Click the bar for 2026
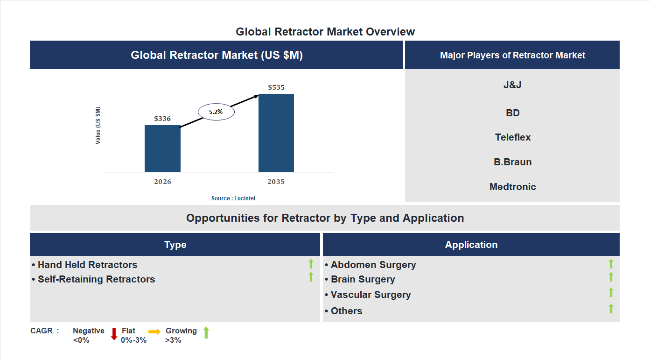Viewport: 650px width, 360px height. pos(162,148)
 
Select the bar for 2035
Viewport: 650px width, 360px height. pos(276,133)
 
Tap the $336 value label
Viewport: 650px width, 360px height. pos(162,119)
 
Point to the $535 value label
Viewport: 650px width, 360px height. pos(276,87)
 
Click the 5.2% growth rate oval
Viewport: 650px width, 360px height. pos(216,112)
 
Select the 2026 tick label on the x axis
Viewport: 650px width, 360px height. pos(162,182)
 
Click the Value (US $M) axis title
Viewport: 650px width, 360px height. pos(98,126)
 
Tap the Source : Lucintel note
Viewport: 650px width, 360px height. pos(233,198)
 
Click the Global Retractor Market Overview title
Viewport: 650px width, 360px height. pos(325,32)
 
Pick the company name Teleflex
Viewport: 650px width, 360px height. pos(513,137)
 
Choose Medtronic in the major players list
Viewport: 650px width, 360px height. pos(513,187)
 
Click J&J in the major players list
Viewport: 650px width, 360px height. pos(513,85)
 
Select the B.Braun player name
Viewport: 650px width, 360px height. pos(513,162)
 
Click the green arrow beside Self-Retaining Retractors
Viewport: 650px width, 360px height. pos(311,277)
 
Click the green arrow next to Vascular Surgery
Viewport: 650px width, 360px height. pos(611,292)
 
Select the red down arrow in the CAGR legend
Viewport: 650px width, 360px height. pos(114,334)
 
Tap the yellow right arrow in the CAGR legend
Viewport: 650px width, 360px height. pos(154,332)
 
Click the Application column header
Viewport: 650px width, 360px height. pos(471,245)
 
